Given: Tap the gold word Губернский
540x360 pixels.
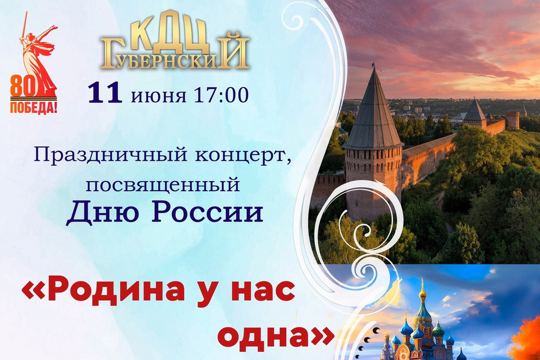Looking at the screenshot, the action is click(175, 52).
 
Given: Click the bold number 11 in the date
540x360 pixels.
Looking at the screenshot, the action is click(105, 93).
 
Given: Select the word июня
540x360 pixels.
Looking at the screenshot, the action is click(159, 95).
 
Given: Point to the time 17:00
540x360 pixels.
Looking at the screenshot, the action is click(221, 94).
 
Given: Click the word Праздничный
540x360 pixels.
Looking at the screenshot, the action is click(111, 155).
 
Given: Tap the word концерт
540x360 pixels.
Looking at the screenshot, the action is click(241, 156).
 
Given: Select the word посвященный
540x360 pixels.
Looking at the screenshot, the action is click(163, 185).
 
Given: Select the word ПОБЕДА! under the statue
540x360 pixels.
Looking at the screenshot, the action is click(33, 107).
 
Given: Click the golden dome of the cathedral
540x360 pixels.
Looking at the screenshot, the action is click(422, 292).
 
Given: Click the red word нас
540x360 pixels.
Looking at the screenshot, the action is click(263, 291).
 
